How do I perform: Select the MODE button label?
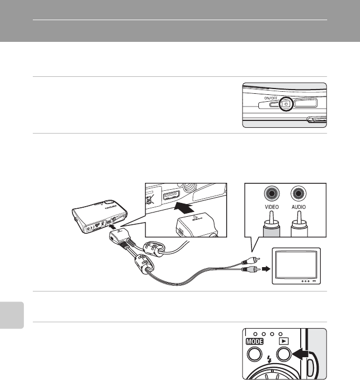(254, 343)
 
